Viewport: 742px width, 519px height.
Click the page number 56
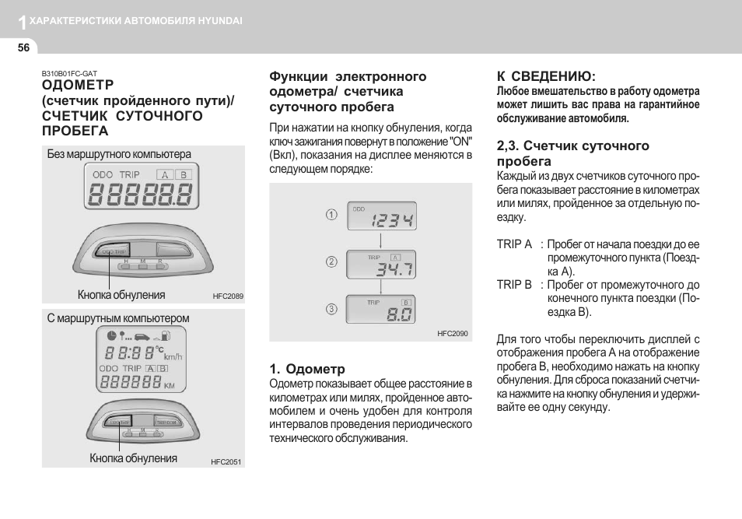pos(23,47)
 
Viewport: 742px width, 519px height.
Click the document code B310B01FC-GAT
pos(69,73)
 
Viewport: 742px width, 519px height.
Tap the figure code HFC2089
pos(228,296)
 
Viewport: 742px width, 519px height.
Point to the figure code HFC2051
pos(226,461)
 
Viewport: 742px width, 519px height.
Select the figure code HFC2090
pos(453,333)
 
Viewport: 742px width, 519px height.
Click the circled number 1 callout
pos(331,215)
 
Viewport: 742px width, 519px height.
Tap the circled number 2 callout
pos(331,262)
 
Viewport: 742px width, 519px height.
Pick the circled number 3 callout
pos(331,309)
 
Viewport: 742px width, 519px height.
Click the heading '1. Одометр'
pos(307,369)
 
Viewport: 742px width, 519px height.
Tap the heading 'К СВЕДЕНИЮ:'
pos(546,76)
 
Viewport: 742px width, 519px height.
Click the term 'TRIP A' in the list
pos(514,244)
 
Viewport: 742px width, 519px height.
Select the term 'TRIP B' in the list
pos(514,285)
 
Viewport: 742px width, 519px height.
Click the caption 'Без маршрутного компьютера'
pos(119,154)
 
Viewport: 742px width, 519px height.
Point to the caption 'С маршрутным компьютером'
pos(118,318)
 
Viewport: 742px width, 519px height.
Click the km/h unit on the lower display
pos(172,356)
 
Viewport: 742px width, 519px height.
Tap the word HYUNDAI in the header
pos(224,21)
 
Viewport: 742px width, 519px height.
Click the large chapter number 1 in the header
pos(23,23)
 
